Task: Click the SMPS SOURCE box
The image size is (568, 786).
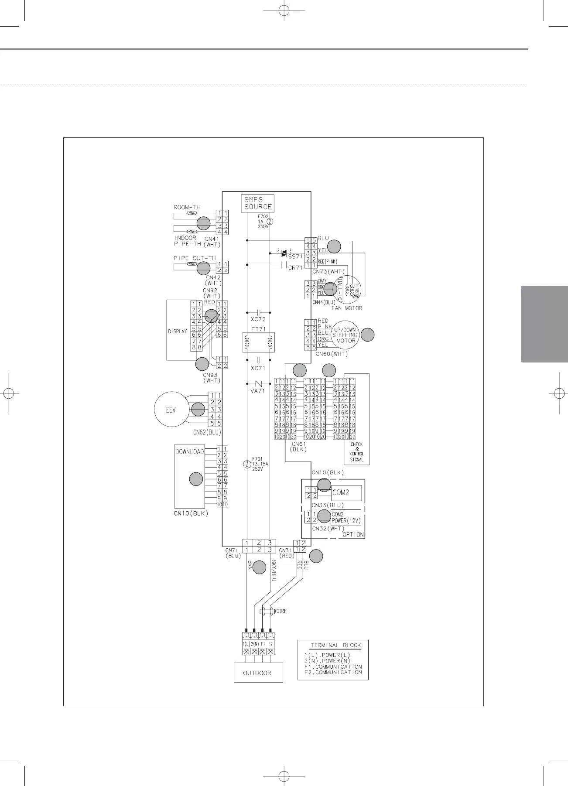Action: [x=258, y=203]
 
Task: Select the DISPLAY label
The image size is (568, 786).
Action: [x=178, y=331]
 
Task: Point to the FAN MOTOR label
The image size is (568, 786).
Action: [x=345, y=308]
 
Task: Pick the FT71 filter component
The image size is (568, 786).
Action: [x=258, y=342]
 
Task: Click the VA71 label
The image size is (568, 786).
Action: [x=258, y=391]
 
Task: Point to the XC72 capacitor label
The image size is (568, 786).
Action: [x=258, y=319]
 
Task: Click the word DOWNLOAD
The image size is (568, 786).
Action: [x=189, y=452]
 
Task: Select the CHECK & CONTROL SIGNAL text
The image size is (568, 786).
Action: [x=356, y=452]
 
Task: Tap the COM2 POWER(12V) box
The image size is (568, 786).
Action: [x=346, y=518]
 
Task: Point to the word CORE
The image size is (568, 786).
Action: [x=281, y=611]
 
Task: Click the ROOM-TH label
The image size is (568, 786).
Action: [x=187, y=207]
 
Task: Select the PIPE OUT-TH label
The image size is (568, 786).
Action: [x=195, y=258]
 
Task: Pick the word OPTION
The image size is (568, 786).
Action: [x=353, y=535]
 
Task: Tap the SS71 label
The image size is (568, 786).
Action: [x=295, y=256]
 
